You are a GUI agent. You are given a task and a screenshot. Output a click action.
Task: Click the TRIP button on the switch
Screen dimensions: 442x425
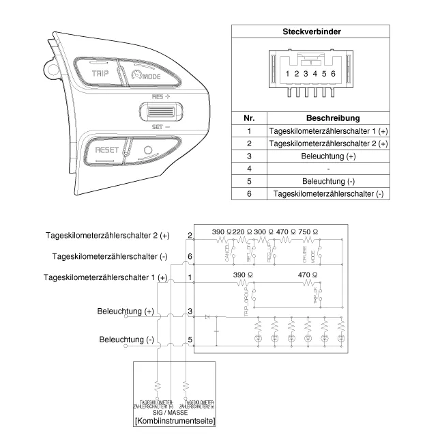click(x=100, y=72)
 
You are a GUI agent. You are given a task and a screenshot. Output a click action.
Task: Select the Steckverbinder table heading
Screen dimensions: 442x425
click(x=312, y=31)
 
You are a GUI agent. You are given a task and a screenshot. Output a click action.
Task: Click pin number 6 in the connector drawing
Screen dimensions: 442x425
click(x=333, y=73)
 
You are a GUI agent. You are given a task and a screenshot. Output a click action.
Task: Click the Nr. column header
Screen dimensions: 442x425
click(x=249, y=118)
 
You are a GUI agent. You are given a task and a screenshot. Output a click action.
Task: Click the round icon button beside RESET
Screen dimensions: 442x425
click(x=149, y=150)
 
